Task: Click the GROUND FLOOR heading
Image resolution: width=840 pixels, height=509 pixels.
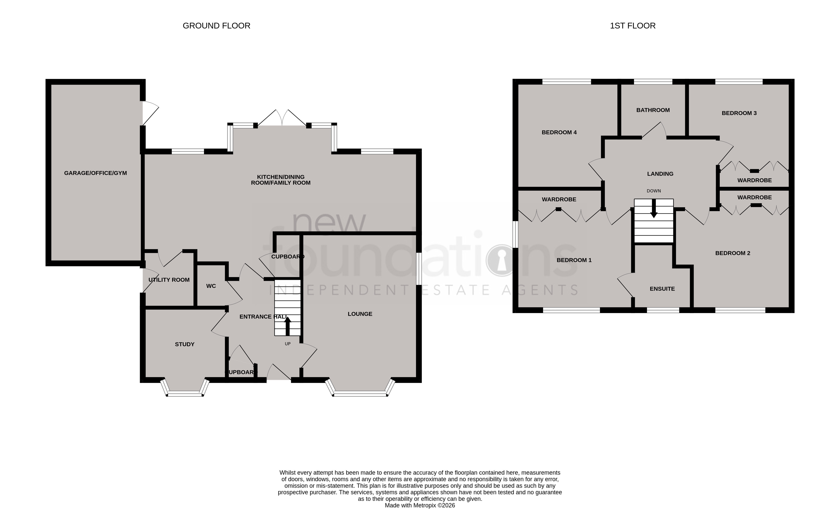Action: click(x=217, y=26)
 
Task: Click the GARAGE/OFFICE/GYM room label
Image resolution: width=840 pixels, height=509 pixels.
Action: click(x=96, y=173)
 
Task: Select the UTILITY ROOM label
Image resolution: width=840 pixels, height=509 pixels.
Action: click(x=169, y=280)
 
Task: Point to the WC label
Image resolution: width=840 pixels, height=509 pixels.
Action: click(x=211, y=286)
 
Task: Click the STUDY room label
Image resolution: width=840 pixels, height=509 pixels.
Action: click(x=185, y=344)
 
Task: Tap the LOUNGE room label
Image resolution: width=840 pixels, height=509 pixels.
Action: click(x=360, y=314)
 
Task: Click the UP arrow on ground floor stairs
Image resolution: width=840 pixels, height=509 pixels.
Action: click(x=288, y=326)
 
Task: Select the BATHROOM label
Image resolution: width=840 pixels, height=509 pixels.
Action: click(x=653, y=110)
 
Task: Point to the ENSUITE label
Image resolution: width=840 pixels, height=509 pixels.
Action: click(x=662, y=289)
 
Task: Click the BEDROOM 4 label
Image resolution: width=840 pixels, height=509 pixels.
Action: click(x=559, y=132)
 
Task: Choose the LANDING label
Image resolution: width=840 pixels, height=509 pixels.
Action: click(x=660, y=174)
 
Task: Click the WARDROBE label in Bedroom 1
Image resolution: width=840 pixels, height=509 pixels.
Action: click(x=559, y=199)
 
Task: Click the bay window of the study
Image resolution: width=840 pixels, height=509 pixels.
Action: click(x=185, y=393)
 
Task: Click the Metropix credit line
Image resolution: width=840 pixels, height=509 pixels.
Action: click(x=420, y=505)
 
